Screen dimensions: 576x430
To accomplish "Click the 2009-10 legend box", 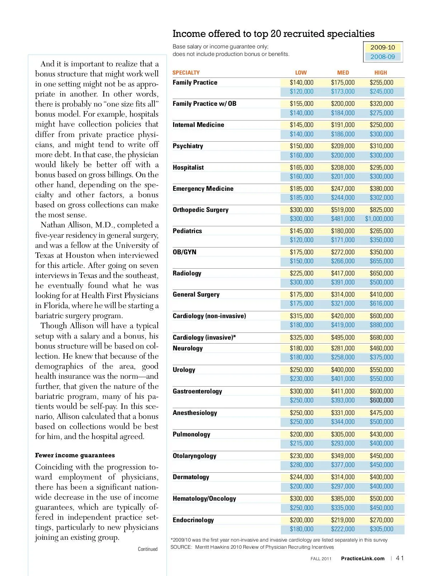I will tap(382, 47).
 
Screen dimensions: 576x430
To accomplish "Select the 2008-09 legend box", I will tap(382, 57).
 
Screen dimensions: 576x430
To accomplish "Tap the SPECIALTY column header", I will tap(186, 72).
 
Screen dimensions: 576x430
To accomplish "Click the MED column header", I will tap(343, 72).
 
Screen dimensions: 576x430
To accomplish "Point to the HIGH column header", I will tap(381, 72).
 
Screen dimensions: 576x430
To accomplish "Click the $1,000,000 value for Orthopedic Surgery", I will tap(379, 219).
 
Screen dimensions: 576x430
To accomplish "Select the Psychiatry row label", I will tap(188, 146).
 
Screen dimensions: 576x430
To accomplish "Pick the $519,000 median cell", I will tap(343, 210).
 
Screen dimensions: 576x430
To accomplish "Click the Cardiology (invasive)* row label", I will tap(204, 337).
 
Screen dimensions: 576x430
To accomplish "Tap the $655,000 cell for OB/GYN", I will tap(381, 261).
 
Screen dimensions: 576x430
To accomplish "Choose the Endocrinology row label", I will tap(193, 520).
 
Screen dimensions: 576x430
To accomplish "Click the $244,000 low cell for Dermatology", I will tap(301, 477).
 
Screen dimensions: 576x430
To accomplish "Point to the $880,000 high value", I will tap(381, 325).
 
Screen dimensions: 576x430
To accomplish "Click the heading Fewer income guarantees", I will tap(75, 455).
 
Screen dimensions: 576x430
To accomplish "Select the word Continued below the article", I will tap(148, 549).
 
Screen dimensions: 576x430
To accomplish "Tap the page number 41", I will tap(400, 558).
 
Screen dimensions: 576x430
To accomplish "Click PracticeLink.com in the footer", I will tap(363, 558).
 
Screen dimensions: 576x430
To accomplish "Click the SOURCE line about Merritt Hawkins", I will tap(252, 547).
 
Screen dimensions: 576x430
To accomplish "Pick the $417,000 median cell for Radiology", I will tap(343, 273).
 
